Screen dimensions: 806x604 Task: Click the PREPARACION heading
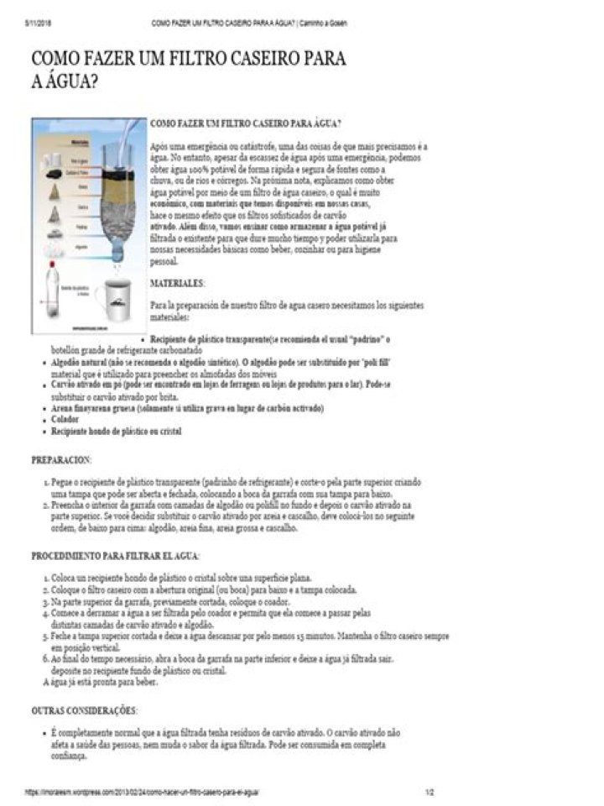click(x=61, y=460)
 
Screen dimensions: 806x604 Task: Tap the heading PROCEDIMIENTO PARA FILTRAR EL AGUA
click(x=115, y=556)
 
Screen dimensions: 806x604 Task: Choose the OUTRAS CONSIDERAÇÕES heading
click(x=83, y=710)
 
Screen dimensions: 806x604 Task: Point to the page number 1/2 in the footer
click(x=430, y=791)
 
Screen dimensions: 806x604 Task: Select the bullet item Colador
click(x=65, y=419)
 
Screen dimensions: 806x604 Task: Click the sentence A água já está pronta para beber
click(x=99, y=682)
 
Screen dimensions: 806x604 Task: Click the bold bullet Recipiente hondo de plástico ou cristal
click(x=116, y=431)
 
